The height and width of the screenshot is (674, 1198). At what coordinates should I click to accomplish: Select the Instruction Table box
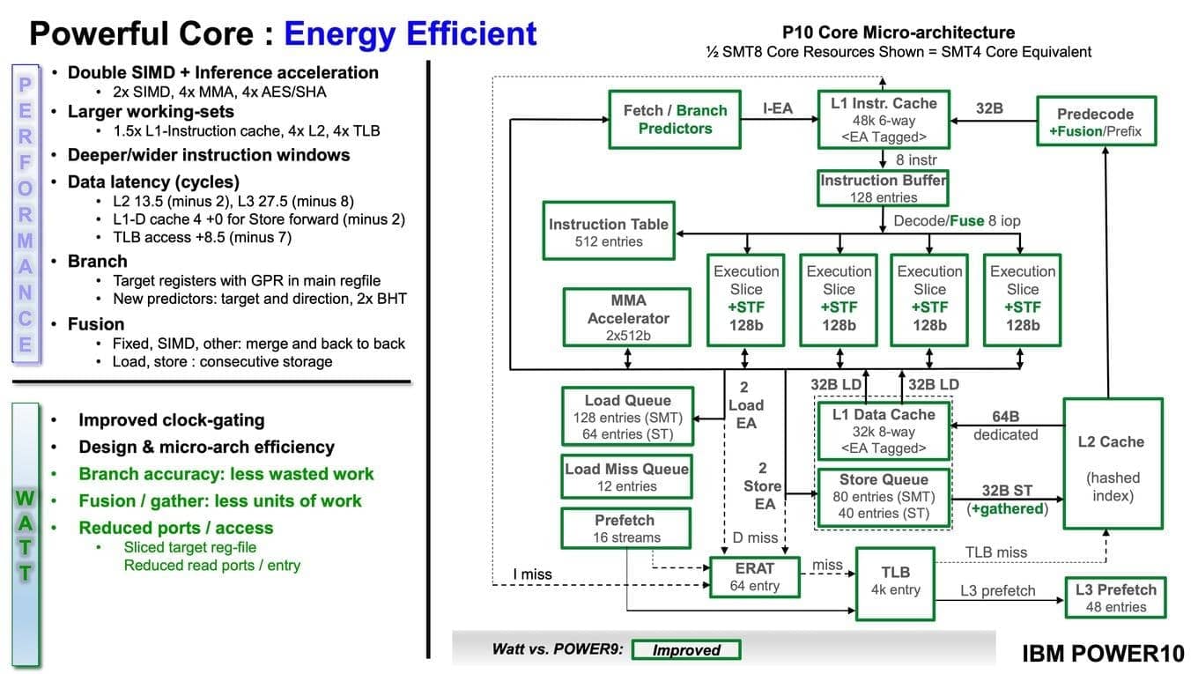point(609,233)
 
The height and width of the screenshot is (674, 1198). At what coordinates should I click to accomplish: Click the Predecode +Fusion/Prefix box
point(1095,122)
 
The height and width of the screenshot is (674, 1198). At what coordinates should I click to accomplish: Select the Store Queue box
point(883,497)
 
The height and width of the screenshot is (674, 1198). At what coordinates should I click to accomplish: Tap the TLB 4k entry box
point(895,581)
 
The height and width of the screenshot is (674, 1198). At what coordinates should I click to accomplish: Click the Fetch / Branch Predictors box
point(675,119)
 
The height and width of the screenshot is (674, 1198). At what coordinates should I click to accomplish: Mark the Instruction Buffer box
point(884,189)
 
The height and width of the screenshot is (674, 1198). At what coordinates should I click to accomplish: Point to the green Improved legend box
point(686,650)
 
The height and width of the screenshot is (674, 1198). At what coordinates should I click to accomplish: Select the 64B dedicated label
point(1005,425)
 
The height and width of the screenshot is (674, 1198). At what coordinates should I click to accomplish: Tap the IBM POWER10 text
point(1103,653)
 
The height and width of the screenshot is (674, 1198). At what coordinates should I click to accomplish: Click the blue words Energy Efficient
point(410,33)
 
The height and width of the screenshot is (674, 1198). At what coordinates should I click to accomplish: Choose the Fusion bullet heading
point(96,324)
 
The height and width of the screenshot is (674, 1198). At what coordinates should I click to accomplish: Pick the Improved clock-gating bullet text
point(171,420)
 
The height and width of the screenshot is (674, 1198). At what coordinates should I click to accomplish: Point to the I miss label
point(532,574)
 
